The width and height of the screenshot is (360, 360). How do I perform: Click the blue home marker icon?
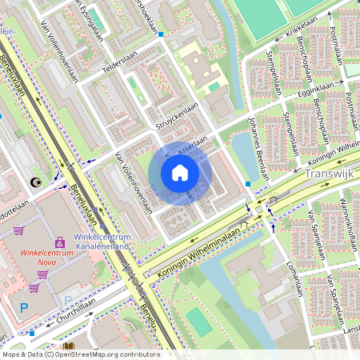(x=180, y=173)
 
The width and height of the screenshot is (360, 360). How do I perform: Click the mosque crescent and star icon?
(x=34, y=183)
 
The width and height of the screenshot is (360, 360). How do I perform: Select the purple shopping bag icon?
(x=59, y=242)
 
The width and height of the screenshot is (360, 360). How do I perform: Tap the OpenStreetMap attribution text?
(x=80, y=354)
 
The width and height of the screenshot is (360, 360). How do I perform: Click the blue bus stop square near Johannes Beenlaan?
(x=248, y=185)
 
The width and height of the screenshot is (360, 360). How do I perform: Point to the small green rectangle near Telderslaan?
(x=132, y=81)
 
